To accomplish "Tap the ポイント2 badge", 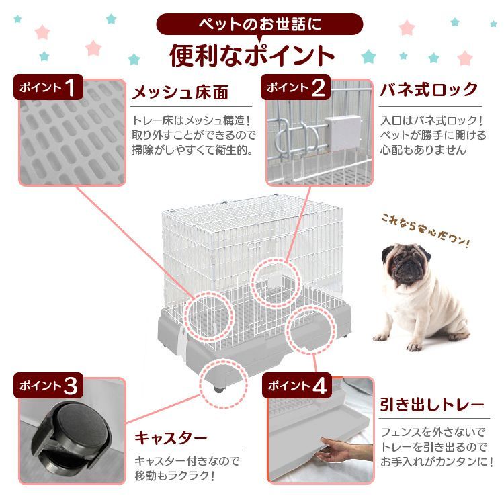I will (x=296, y=87).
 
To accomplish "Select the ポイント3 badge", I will (x=49, y=385).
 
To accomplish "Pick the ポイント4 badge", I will (x=296, y=386).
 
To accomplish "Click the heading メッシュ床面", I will (x=179, y=91).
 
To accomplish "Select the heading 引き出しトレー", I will (x=432, y=405).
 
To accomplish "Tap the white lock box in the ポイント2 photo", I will (x=344, y=132).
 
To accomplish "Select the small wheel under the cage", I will (x=219, y=388).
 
